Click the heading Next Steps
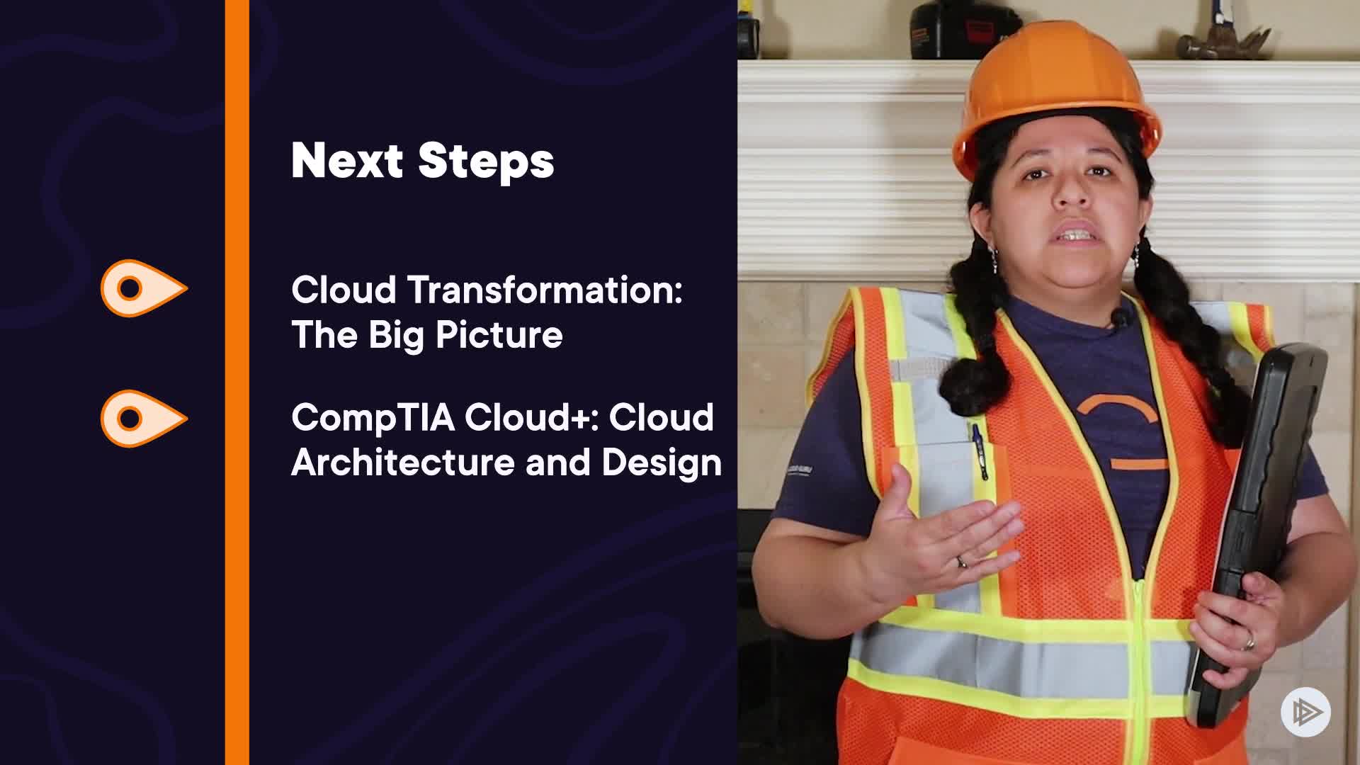click(422, 161)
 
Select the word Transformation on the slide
click(543, 290)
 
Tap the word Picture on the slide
click(499, 335)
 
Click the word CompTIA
click(373, 418)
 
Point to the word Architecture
click(403, 463)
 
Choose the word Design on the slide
click(662, 463)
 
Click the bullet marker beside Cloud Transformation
click(144, 288)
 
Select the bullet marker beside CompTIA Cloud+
click(144, 419)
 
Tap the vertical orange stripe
click(237, 382)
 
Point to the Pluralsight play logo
click(1305, 712)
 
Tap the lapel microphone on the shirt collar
click(1120, 319)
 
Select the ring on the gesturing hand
click(961, 562)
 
